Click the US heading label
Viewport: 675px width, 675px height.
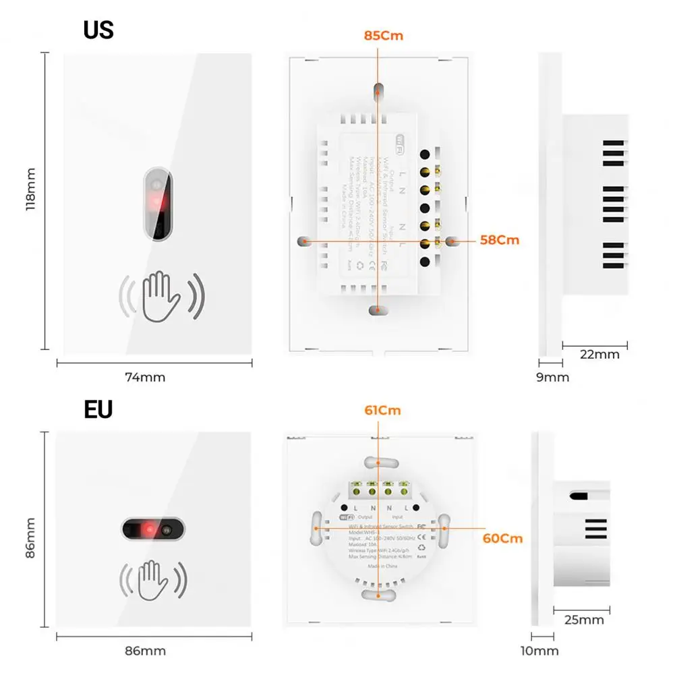[x=98, y=30]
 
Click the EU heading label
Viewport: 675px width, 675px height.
[x=98, y=409]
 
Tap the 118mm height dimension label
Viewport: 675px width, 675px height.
[x=30, y=190]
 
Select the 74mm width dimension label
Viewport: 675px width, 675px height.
[x=144, y=378]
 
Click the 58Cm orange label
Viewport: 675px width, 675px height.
[x=500, y=240]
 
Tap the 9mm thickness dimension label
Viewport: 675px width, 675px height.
[x=552, y=378]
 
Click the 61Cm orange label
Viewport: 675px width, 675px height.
[x=382, y=411]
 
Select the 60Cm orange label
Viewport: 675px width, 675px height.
[x=502, y=539]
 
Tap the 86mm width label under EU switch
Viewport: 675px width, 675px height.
[x=145, y=651]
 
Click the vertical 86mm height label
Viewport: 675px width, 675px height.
[x=30, y=537]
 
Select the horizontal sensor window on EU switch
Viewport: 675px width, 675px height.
[x=152, y=529]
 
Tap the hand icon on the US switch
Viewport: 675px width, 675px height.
[x=161, y=295]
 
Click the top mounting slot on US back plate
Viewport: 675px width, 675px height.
[x=379, y=90]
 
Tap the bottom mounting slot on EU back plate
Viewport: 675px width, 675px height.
[x=379, y=595]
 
